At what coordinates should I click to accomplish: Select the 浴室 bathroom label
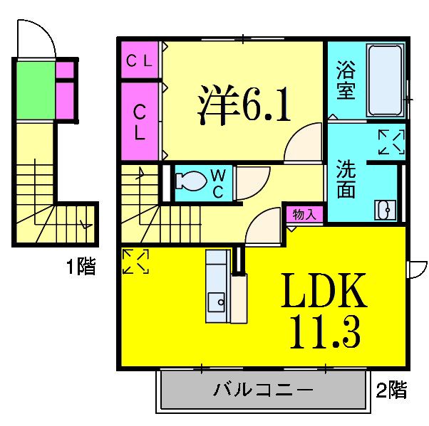pos(346,82)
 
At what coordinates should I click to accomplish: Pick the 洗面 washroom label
pos(346,180)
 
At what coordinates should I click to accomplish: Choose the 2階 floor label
pos(392,390)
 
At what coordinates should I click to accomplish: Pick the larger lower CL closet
pos(140,121)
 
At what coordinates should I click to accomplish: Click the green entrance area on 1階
pos(34,92)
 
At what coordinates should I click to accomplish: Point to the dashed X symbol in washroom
pos(391,142)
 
